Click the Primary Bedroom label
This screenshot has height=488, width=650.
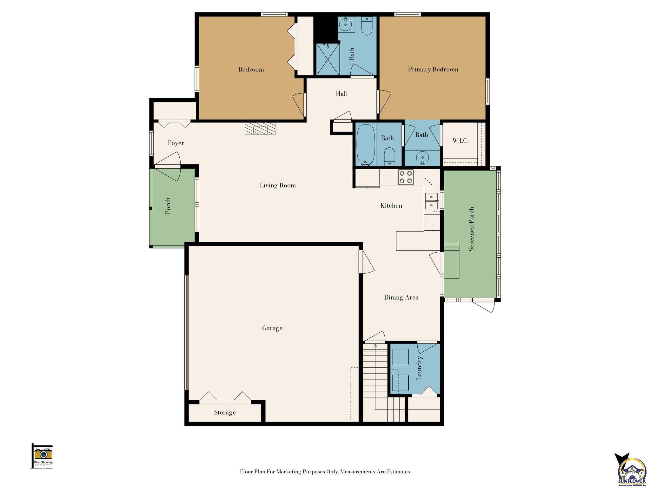coord(433,69)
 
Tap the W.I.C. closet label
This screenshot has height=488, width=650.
coord(460,140)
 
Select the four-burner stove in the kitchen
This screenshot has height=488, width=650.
coord(406,177)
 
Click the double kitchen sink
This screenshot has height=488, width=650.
coord(431,201)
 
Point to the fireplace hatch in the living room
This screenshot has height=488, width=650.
coord(260,129)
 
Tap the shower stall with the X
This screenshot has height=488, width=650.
coord(327,59)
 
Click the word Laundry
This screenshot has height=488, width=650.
coord(419,368)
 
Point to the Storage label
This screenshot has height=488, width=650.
coord(225,412)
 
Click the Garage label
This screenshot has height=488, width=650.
coord(272,328)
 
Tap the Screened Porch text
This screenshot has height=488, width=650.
coord(471,229)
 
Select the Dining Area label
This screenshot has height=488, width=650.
coord(401,297)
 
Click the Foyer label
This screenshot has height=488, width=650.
coord(176,143)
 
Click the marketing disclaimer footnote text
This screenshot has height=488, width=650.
coord(325,472)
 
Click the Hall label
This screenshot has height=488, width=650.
coord(342,94)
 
